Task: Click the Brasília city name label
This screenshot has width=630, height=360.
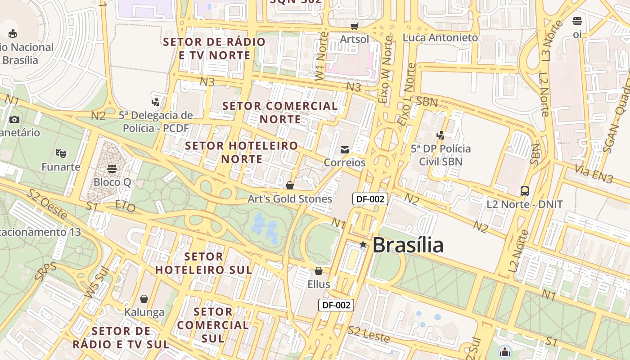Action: tap(408, 245)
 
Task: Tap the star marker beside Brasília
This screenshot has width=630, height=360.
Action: tap(363, 244)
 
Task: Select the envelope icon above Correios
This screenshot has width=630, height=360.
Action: tap(345, 150)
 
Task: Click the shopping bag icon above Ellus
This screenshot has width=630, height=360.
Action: tap(319, 271)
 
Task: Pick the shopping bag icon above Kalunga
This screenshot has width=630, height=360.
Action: tap(144, 299)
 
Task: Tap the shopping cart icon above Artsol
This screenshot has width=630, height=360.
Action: tap(355, 26)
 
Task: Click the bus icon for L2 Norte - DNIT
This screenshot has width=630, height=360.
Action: tap(525, 191)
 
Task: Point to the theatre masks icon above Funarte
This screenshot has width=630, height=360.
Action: tap(61, 153)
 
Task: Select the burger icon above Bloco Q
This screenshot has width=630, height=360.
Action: tap(112, 169)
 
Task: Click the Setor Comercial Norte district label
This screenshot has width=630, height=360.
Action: tap(280, 112)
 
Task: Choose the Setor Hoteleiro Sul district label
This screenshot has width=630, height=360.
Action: tap(203, 263)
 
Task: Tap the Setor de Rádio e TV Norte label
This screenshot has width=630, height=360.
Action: tap(214, 49)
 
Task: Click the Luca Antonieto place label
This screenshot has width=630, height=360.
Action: tap(440, 38)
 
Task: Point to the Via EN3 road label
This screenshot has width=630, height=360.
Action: tap(594, 174)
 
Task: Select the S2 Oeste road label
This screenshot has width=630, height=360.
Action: tap(47, 205)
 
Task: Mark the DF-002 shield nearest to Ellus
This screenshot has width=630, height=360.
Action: tap(336, 305)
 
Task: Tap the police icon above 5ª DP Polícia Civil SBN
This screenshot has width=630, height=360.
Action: tap(441, 135)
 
